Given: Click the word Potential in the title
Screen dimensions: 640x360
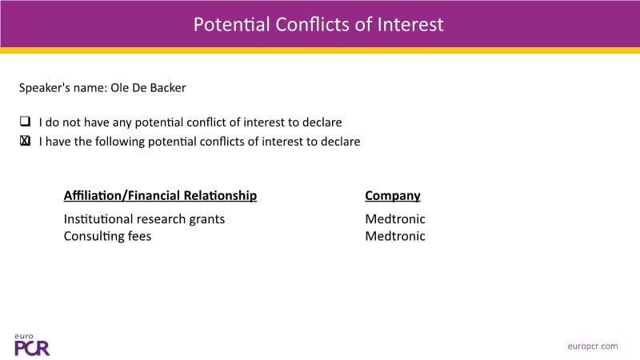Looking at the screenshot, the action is [x=231, y=25].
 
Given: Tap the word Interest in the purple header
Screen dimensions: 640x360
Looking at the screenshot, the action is [x=410, y=25].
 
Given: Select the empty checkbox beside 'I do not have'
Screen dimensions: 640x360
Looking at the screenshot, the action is [x=26, y=122].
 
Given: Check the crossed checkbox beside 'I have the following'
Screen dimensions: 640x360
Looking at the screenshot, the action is [x=26, y=141].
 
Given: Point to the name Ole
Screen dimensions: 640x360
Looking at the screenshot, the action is [x=118, y=88].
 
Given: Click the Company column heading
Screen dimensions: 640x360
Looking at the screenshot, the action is [x=393, y=196].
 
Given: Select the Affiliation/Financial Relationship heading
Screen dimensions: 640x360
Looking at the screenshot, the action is [x=161, y=195].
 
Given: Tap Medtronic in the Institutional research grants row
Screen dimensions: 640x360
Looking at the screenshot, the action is [x=395, y=219].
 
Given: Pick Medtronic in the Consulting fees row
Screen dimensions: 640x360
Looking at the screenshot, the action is [x=395, y=236].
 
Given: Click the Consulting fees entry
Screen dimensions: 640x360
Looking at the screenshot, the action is [x=107, y=237].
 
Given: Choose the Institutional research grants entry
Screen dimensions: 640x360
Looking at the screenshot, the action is [x=144, y=219].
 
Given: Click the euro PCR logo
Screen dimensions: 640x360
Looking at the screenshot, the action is [x=32, y=345].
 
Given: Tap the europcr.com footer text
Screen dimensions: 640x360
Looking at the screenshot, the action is [x=593, y=346].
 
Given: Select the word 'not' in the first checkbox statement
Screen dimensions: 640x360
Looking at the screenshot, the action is [x=71, y=122].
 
